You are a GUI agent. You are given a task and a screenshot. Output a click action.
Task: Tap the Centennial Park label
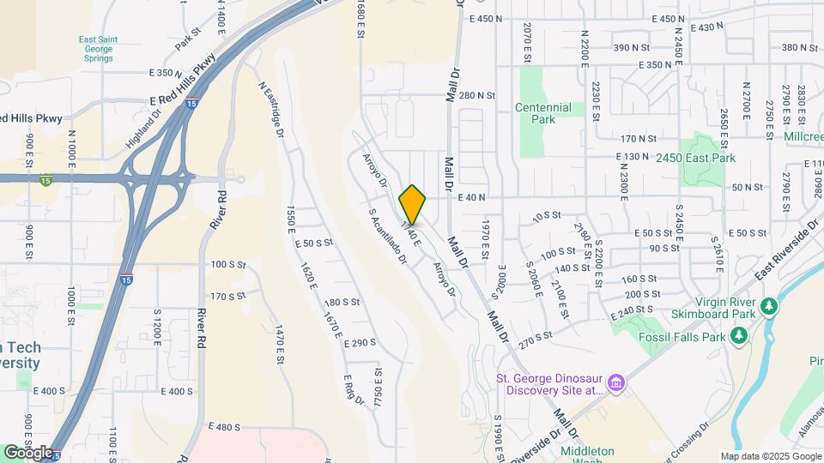[x=542, y=113]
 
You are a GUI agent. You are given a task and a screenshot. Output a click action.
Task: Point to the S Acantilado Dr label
[x=386, y=236]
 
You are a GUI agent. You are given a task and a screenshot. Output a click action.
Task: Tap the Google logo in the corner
[x=28, y=451]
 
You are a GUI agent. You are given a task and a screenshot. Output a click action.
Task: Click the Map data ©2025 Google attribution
[x=769, y=456]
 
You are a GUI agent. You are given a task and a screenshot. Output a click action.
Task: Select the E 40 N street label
[x=472, y=197]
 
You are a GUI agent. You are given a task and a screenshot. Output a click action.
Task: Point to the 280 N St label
[x=477, y=96]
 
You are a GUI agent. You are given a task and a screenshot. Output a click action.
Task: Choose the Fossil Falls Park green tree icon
[x=737, y=336]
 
